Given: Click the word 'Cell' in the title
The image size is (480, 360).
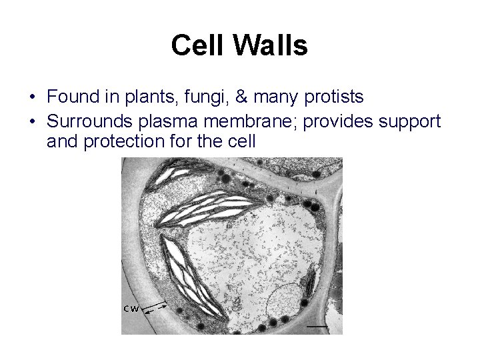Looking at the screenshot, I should click(x=197, y=46).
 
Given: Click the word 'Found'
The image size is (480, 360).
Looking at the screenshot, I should click(x=71, y=97).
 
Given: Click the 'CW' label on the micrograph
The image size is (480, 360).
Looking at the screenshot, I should click(x=131, y=308).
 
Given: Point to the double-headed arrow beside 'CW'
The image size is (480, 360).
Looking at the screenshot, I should click(x=155, y=307).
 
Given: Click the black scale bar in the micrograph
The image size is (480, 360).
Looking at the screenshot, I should click(x=318, y=327).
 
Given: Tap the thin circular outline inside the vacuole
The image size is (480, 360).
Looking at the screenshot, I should click(x=285, y=301).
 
